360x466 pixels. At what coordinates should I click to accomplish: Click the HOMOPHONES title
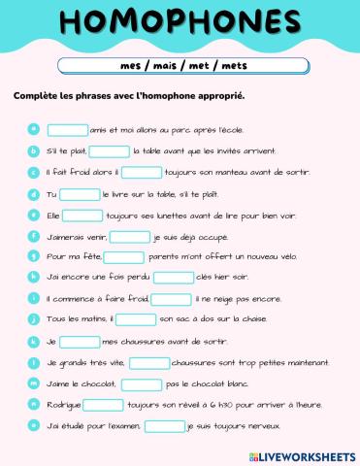pos(180,24)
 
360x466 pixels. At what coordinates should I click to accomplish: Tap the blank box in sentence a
pos(67,129)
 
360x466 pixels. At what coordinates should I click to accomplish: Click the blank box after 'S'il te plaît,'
pos(110,150)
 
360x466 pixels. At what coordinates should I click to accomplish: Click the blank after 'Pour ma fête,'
pos(123,257)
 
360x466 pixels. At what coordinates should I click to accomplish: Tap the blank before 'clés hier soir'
pos(173,278)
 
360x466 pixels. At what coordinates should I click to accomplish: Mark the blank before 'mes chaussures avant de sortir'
pos(80,342)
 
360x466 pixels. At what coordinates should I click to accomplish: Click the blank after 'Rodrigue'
pos(103,405)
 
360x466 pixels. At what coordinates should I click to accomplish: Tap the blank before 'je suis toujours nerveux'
pos(164,425)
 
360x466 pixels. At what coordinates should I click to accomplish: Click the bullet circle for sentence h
pos(33,277)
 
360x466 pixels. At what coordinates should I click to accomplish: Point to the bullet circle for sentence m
pos(33,383)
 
